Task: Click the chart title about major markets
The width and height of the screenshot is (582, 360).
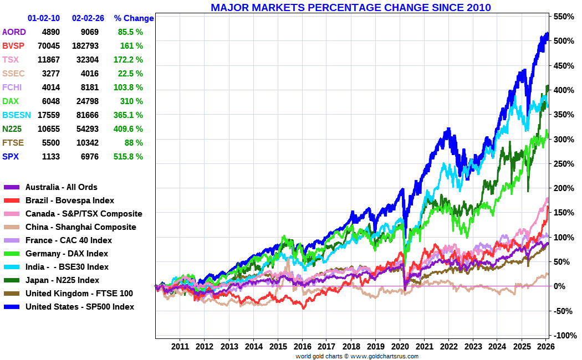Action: click(350, 8)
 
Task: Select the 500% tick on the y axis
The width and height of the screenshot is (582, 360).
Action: click(563, 41)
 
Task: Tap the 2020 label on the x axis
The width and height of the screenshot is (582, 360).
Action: click(400, 347)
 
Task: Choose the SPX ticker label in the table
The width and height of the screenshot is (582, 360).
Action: click(11, 157)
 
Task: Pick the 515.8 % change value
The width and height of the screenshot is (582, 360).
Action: click(129, 157)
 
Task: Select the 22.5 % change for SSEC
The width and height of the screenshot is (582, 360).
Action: click(130, 74)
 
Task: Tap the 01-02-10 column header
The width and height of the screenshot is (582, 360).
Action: click(44, 18)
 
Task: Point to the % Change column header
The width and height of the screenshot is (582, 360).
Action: click(134, 18)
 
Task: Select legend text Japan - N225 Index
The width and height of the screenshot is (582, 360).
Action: click(62, 280)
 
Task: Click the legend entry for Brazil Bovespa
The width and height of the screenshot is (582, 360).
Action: click(70, 200)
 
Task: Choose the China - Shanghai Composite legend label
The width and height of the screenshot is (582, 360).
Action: click(80, 227)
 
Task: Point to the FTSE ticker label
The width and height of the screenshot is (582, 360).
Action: click(13, 143)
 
